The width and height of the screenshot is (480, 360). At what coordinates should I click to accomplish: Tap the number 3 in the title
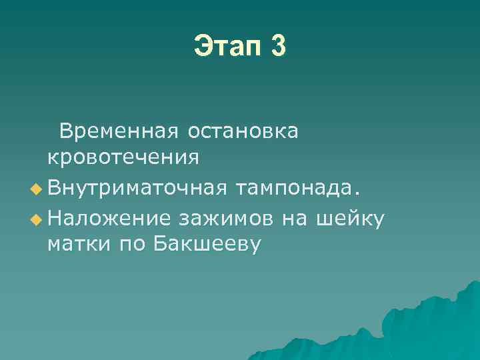tap(279, 46)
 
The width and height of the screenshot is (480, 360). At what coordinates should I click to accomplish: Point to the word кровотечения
tap(123, 157)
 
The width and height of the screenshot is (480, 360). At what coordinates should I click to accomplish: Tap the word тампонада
tap(296, 189)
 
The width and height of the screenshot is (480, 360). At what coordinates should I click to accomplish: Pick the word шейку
tap(353, 217)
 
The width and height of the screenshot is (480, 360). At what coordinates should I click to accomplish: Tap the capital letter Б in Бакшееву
tap(160, 244)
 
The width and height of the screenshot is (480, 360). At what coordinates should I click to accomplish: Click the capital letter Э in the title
tap(202, 46)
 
